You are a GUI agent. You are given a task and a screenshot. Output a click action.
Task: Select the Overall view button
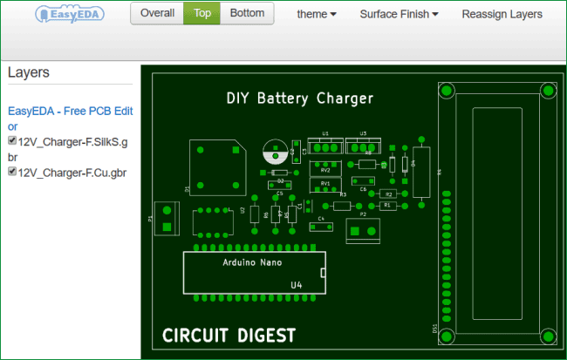(x=157, y=14)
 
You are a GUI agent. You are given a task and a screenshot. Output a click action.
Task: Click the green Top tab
(x=202, y=14)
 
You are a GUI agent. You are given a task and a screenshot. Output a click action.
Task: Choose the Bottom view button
(x=247, y=14)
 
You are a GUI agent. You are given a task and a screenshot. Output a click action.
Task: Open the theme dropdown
(x=317, y=15)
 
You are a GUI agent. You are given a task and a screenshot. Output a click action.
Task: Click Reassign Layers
(x=502, y=15)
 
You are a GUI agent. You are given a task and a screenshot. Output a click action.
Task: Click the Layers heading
(x=29, y=72)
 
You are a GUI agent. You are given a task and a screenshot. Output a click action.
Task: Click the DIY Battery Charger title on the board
(x=299, y=98)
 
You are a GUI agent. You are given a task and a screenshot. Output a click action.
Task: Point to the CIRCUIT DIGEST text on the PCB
(x=229, y=335)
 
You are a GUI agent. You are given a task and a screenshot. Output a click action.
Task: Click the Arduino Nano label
(x=253, y=262)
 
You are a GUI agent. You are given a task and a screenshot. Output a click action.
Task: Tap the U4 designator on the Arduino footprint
(x=297, y=285)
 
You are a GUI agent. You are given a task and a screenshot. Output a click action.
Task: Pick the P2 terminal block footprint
(x=364, y=228)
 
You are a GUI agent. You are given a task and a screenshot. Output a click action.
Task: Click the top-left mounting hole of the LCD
(x=447, y=91)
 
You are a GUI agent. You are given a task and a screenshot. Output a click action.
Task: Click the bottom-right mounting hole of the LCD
(x=549, y=336)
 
